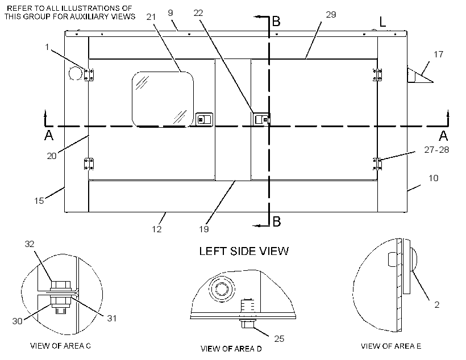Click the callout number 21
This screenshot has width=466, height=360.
click(151, 17)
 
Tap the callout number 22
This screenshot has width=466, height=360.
click(198, 13)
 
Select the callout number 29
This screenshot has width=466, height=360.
click(331, 15)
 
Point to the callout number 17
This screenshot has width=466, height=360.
click(438, 55)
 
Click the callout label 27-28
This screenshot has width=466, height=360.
click(436, 150)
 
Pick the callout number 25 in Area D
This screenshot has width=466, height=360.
click(279, 338)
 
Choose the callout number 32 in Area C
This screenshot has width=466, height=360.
click(30, 244)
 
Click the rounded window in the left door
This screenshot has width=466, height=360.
click(163, 99)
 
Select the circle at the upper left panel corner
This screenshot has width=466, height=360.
click(76, 73)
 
